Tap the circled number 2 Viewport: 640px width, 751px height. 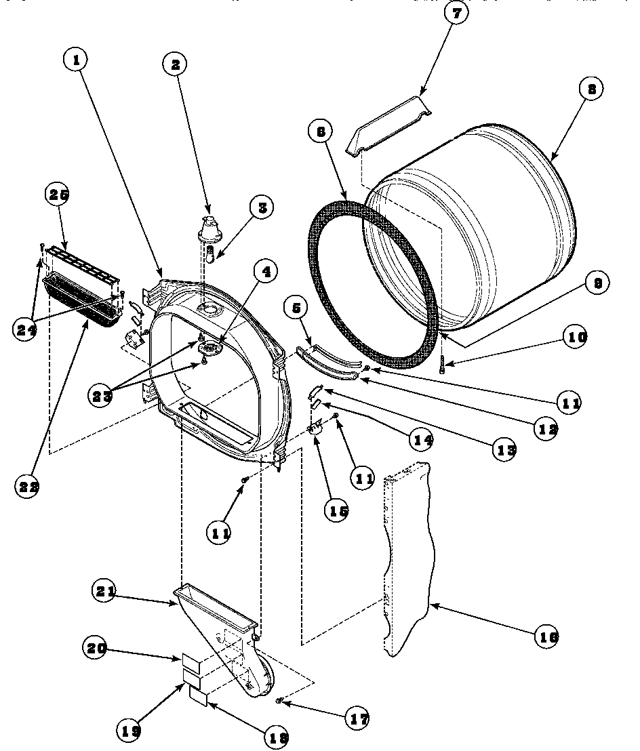pos(176,64)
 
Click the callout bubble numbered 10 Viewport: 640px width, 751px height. pos(574,337)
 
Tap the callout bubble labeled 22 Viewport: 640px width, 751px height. pos(27,485)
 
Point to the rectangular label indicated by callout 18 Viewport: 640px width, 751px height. pos(198,694)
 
